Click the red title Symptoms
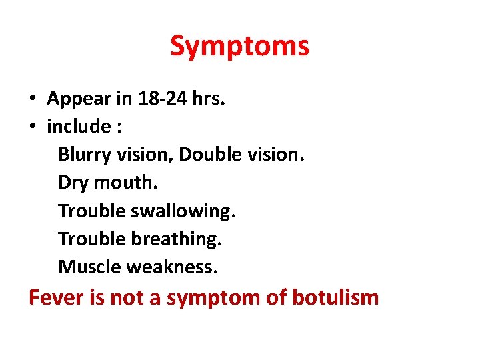click(239, 47)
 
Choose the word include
click(79, 126)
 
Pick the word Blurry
click(82, 154)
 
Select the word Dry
click(72, 182)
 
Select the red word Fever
click(55, 297)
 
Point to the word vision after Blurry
click(142, 154)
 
